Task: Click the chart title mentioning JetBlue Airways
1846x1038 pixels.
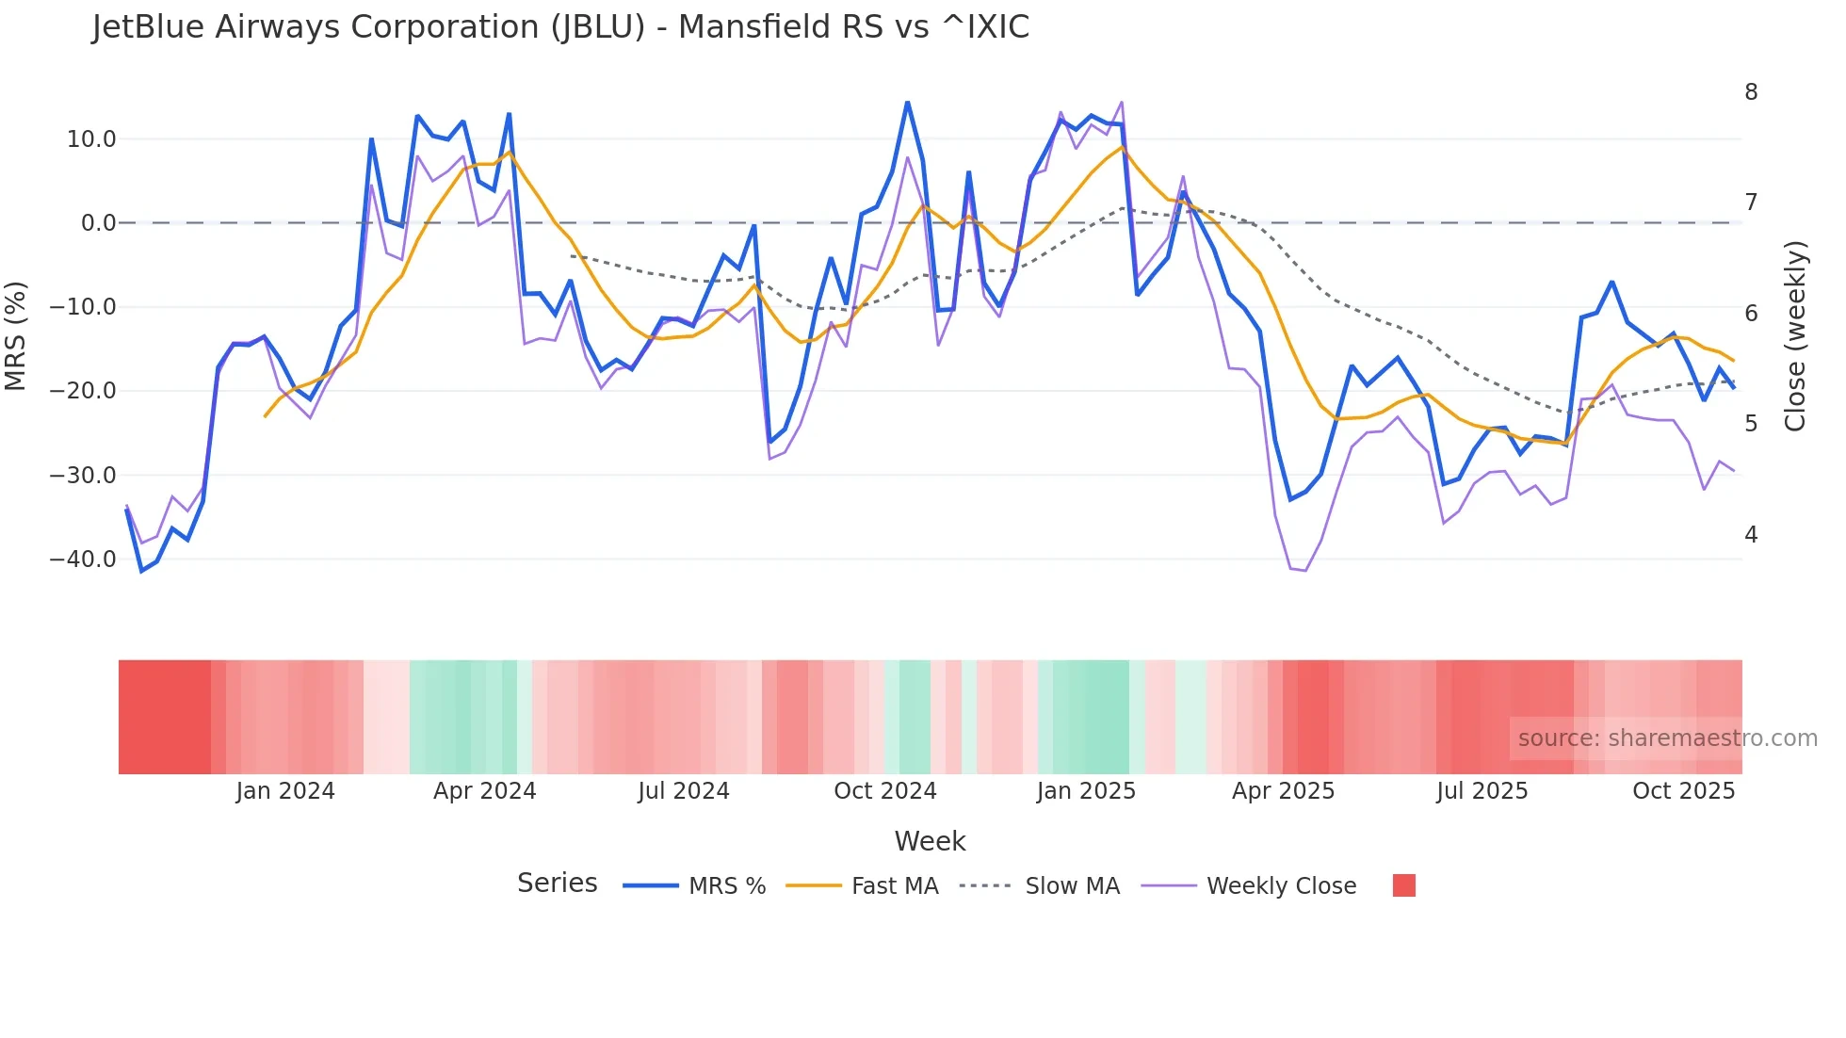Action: pyautogui.click(x=560, y=27)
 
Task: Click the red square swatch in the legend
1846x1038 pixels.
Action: pyautogui.click(x=1403, y=885)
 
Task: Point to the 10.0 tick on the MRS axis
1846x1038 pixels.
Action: pyautogui.click(x=91, y=139)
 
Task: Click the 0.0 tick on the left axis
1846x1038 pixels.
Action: pyautogui.click(x=98, y=223)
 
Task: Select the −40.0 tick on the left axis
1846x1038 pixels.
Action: pyautogui.click(x=83, y=560)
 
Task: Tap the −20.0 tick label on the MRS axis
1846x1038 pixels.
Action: pyautogui.click(x=83, y=391)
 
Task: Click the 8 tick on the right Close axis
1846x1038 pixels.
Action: pyautogui.click(x=1751, y=92)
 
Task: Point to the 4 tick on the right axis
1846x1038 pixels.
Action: pyautogui.click(x=1751, y=535)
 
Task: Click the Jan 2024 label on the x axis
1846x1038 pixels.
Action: pyautogui.click(x=285, y=791)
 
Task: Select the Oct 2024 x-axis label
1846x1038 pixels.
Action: pyautogui.click(x=885, y=791)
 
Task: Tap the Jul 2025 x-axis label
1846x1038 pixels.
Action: pyautogui.click(x=1482, y=791)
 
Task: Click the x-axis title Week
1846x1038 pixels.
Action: pyautogui.click(x=930, y=841)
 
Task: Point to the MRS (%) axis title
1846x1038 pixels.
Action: pyautogui.click(x=16, y=335)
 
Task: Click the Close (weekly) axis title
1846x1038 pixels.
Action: pyautogui.click(x=1795, y=335)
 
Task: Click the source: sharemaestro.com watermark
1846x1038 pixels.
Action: pyautogui.click(x=1667, y=738)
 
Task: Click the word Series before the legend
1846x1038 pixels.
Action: pyautogui.click(x=557, y=884)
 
